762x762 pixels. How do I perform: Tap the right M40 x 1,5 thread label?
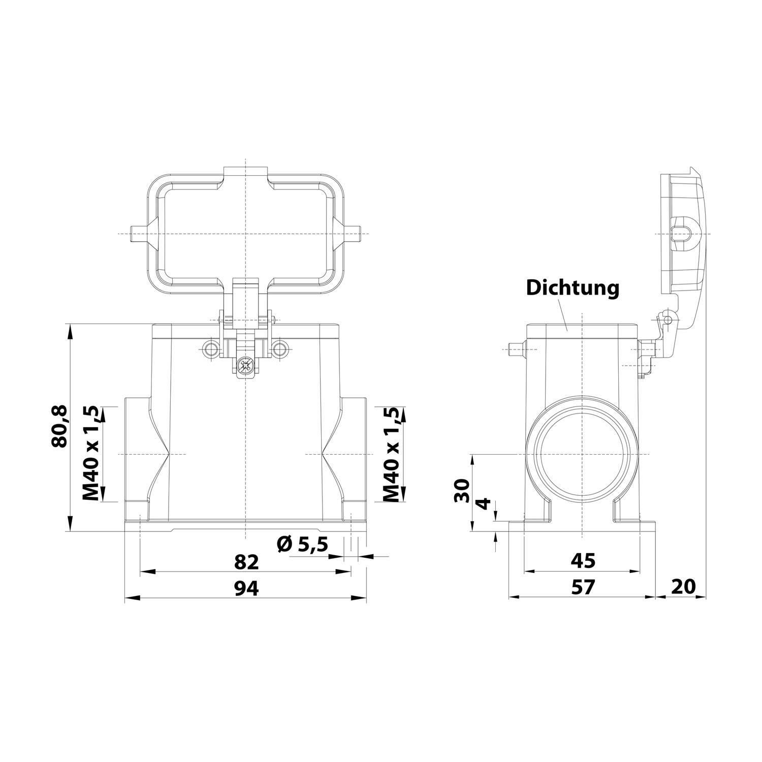[x=391, y=454]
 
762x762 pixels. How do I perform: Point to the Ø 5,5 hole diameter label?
[x=302, y=545]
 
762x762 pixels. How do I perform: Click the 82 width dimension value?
[x=246, y=562]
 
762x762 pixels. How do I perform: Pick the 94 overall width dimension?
[x=246, y=588]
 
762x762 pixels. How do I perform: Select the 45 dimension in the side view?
[x=582, y=561]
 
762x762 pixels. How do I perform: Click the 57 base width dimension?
[x=582, y=587]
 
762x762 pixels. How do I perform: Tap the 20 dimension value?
[x=683, y=587]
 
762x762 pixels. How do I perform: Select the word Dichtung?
[x=573, y=288]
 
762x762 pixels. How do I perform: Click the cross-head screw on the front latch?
[x=246, y=364]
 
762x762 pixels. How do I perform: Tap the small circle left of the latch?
[x=210, y=348]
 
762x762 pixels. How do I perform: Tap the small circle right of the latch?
[x=279, y=348]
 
